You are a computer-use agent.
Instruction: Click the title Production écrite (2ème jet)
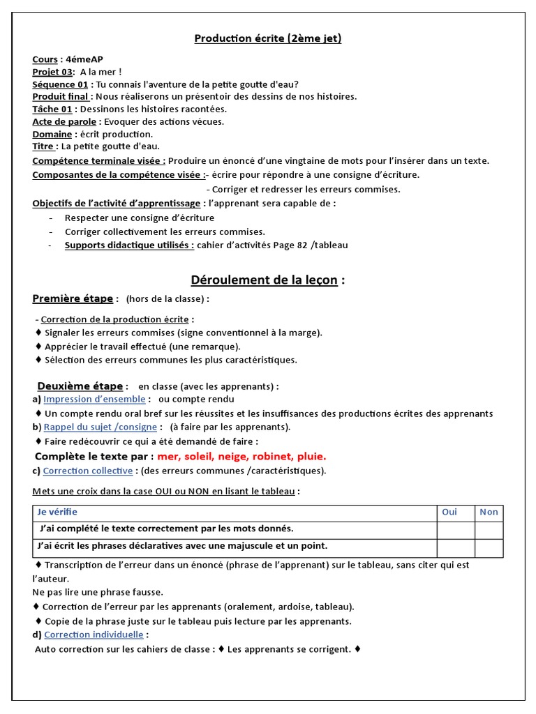point(268,38)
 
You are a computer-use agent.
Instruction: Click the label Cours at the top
point(45,59)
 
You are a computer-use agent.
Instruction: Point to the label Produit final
point(60,97)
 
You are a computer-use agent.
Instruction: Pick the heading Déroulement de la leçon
point(264,280)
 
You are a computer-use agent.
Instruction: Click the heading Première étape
point(73,299)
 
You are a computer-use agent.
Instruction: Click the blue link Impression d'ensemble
point(94,400)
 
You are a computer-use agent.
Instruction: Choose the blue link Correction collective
point(87,471)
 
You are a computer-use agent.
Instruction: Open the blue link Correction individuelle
point(94,635)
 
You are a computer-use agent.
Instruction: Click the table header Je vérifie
point(58,512)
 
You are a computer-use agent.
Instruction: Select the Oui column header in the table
point(449,512)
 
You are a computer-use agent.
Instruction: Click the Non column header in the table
point(489,512)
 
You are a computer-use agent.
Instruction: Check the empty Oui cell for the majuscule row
point(456,547)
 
